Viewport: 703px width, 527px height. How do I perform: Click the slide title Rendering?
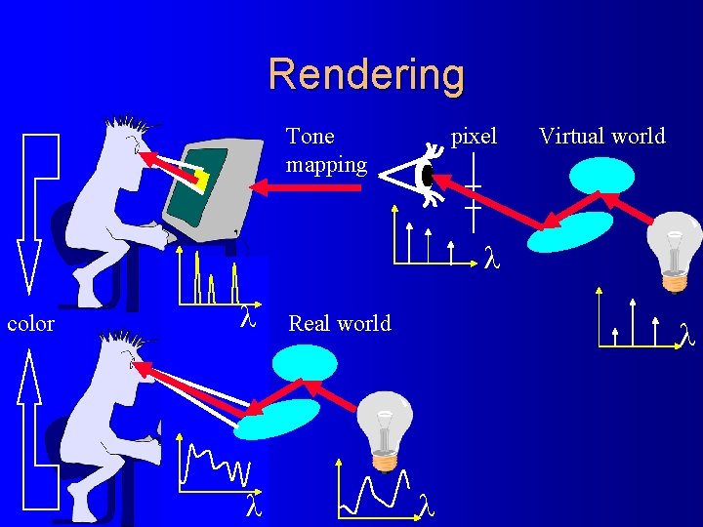coord(366,74)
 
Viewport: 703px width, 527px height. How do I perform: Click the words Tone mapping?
coord(326,150)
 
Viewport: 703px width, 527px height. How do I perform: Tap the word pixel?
coord(474,136)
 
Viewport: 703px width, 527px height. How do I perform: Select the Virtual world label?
coord(601,136)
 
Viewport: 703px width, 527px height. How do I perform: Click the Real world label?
coord(339,323)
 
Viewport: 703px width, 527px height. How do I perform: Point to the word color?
coord(30,323)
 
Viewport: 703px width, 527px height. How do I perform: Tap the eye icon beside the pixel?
coord(426,176)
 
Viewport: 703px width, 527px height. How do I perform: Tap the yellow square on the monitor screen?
coord(201,179)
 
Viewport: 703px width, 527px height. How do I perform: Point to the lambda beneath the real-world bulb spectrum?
coord(427,503)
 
